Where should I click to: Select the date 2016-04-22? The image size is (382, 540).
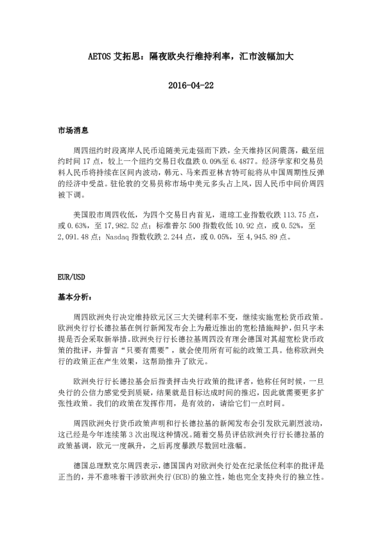(x=191, y=85)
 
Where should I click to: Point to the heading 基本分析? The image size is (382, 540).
(x=74, y=298)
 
